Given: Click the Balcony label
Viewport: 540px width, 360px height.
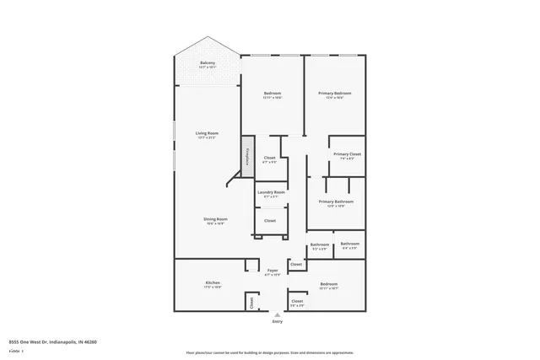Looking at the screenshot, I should pos(207,63).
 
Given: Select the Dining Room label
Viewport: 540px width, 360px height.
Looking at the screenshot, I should pos(215,220).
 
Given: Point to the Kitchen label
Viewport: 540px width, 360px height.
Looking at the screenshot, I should pos(213,283).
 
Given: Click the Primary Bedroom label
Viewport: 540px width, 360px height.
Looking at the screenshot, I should pos(334,94).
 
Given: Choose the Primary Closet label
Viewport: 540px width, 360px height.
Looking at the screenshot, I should pos(347,155).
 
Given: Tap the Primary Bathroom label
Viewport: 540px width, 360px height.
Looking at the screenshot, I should pos(336,202).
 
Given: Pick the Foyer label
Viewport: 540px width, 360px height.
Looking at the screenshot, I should pos(272,271).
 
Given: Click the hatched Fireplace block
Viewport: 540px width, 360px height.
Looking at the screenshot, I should pos(248,156).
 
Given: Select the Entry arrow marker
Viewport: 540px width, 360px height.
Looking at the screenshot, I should pos(277,314).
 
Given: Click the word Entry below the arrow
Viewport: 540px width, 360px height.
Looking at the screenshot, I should pos(277,321).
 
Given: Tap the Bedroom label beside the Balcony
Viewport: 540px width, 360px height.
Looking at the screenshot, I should pos(272,94).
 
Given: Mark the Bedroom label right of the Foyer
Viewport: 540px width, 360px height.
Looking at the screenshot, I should pos(329,284).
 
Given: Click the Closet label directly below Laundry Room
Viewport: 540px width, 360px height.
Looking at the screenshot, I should pos(270,221).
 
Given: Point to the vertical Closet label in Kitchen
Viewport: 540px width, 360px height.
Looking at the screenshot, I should pos(251,302).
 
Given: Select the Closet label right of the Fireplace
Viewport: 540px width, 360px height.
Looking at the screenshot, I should pos(270,159).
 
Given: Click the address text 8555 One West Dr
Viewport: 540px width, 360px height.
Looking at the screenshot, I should pos(52,342).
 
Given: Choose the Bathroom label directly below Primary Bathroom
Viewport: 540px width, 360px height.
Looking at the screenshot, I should pos(320,245).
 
